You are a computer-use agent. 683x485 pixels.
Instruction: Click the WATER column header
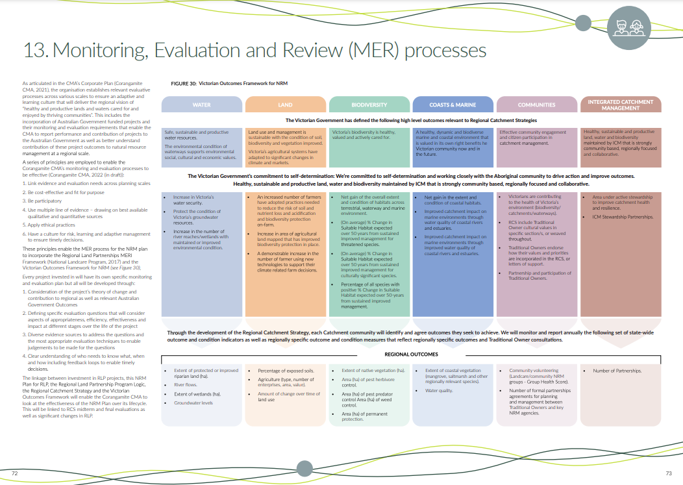[202, 105]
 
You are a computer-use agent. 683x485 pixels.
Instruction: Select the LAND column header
[285, 105]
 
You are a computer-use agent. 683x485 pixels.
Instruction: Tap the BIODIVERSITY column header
[369, 105]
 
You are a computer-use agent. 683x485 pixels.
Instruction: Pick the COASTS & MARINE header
[453, 105]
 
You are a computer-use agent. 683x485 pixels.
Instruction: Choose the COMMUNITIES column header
[536, 105]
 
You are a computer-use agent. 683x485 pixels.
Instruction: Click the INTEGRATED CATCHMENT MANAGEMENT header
[620, 105]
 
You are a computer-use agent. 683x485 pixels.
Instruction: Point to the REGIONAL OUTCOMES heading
[411, 354]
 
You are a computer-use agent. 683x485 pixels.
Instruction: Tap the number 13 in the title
[34, 50]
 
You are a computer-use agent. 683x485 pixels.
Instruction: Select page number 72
[15, 473]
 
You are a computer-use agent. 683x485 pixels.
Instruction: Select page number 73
[668, 473]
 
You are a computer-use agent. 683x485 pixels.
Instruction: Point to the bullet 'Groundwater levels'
[193, 403]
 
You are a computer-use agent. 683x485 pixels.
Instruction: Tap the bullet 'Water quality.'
[440, 391]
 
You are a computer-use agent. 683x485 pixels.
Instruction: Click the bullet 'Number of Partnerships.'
[617, 371]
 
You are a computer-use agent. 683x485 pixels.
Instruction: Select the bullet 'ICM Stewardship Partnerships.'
[623, 216]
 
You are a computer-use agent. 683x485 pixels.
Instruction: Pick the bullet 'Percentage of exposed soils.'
[286, 371]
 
